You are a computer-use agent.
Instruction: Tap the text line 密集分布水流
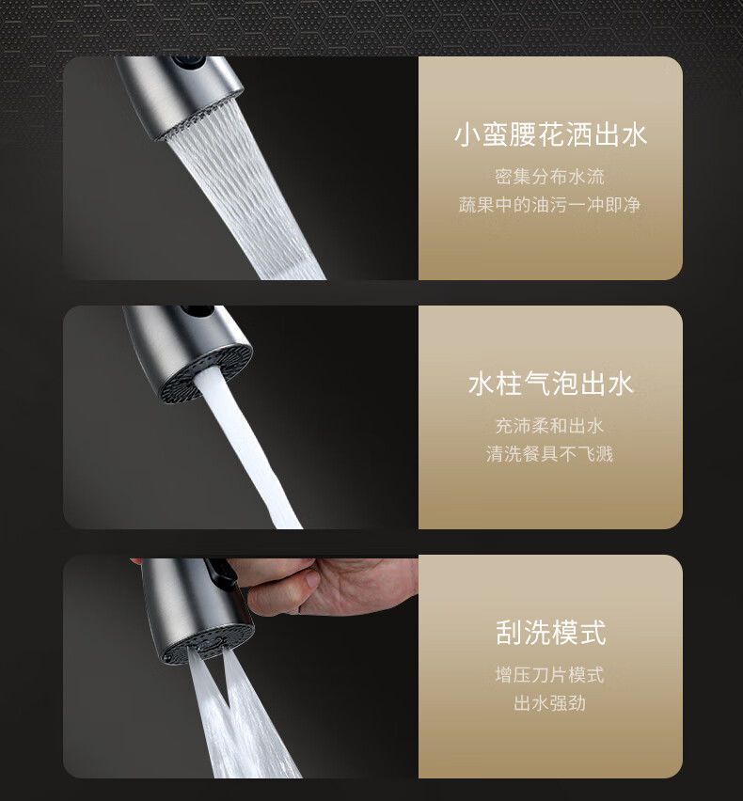click(x=550, y=176)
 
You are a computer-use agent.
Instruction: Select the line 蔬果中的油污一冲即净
click(x=550, y=204)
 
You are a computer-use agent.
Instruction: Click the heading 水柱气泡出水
click(x=550, y=384)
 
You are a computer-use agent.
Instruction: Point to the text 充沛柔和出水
click(x=550, y=425)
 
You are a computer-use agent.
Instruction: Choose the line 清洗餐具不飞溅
click(x=550, y=454)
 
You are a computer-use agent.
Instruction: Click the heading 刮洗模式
click(x=550, y=633)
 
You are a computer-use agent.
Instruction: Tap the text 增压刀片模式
click(x=550, y=674)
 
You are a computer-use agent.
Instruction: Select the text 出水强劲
click(x=550, y=703)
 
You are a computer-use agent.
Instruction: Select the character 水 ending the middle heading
click(x=620, y=384)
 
